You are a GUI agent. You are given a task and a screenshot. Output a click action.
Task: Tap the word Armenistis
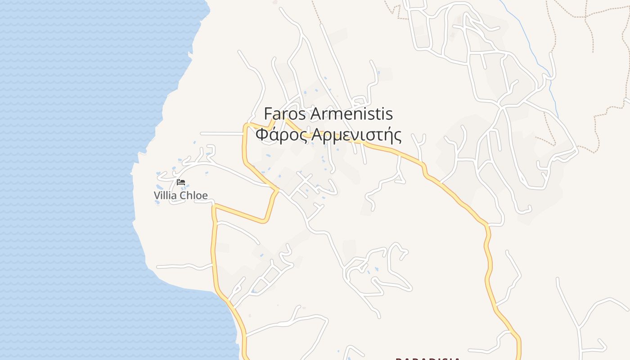[352, 114]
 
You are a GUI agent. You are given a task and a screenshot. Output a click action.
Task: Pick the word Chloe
[193, 195]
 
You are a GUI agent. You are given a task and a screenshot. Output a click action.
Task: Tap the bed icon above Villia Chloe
[181, 182]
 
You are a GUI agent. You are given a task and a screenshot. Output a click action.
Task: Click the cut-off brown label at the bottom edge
[427, 358]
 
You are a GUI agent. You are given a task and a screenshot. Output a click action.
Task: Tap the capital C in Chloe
[183, 195]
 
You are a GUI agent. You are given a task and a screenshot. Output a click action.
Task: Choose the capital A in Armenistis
[316, 114]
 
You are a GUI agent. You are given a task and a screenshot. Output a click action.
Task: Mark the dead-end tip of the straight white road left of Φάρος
[202, 134]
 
